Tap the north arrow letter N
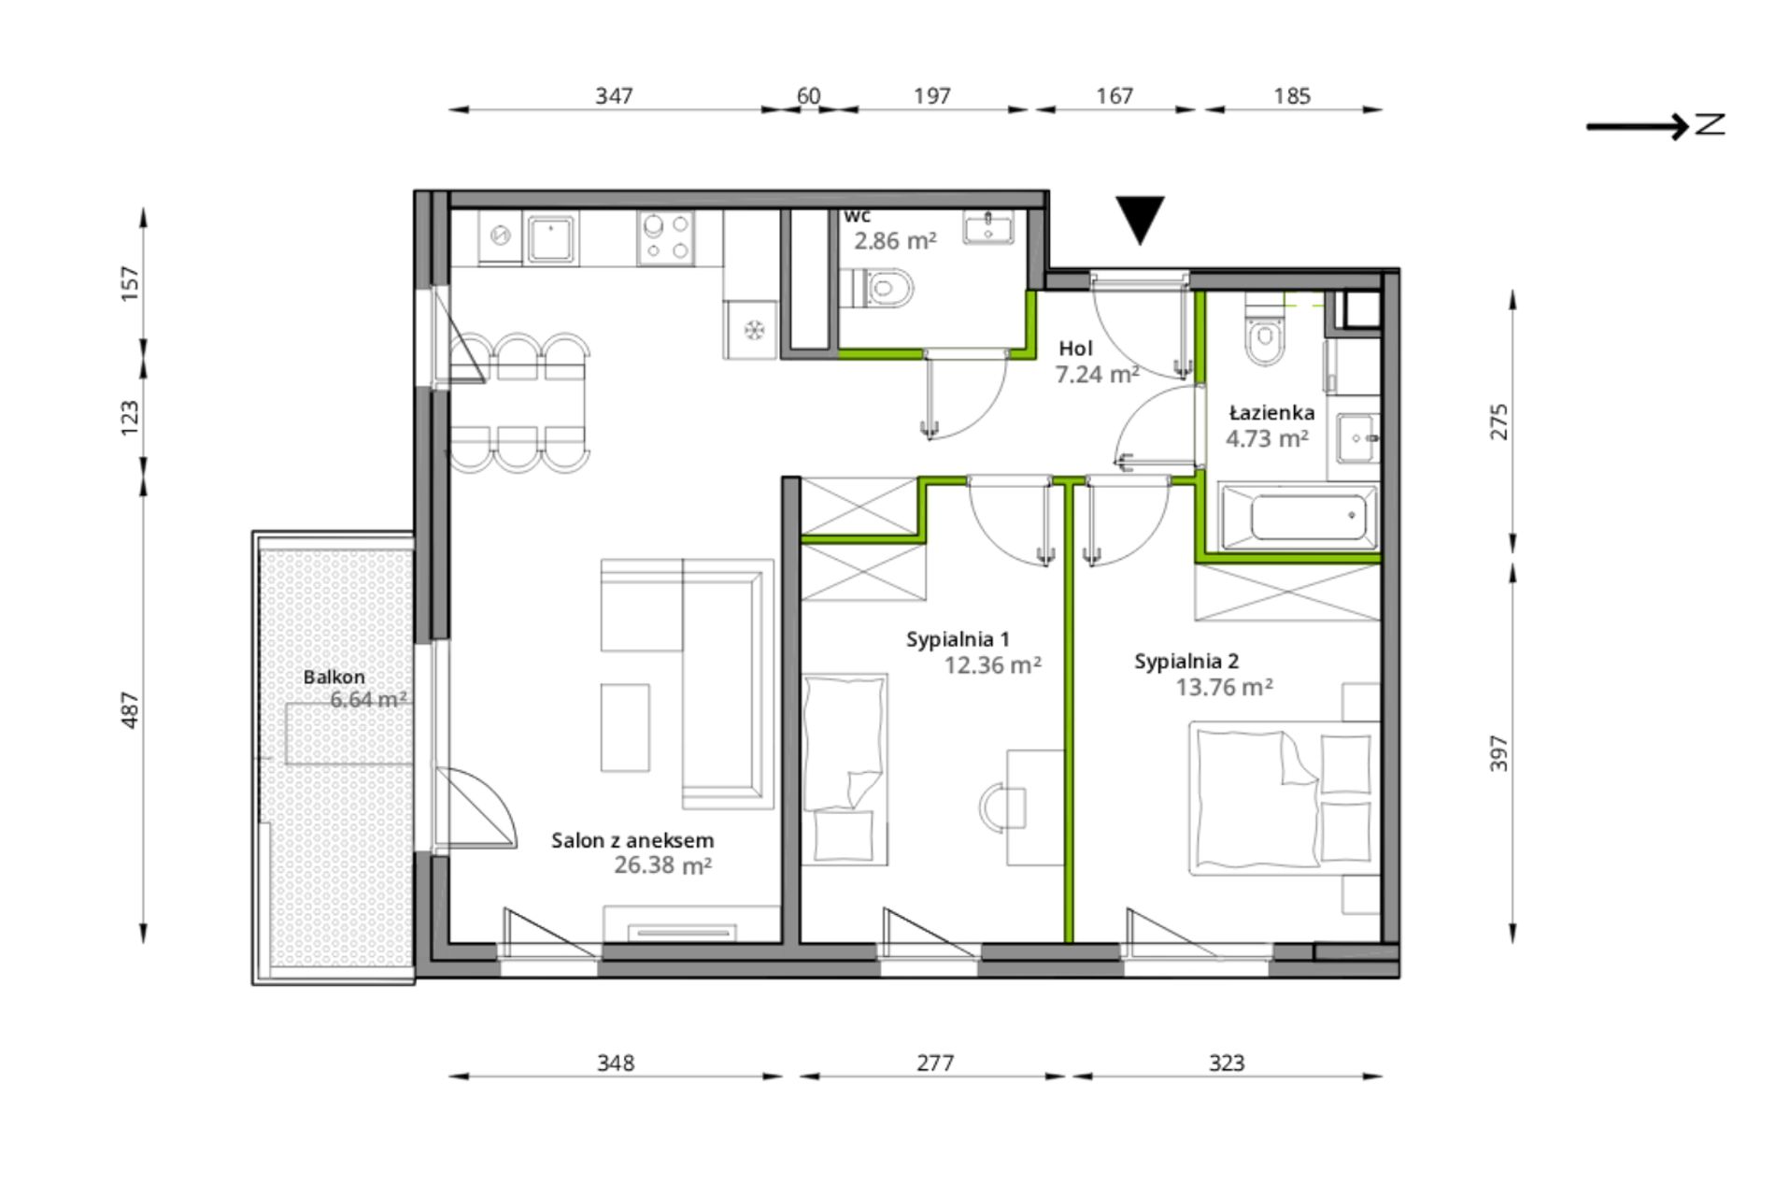tap(1710, 124)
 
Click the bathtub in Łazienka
tap(1299, 515)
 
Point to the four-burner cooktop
tap(666, 237)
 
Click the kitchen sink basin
tap(550, 237)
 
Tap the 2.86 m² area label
tap(894, 241)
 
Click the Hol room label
tap(1075, 349)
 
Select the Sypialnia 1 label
tap(958, 639)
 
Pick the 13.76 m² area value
tap(1224, 688)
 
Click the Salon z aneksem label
tap(632, 841)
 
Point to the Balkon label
tap(334, 677)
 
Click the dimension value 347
tap(614, 95)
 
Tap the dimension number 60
tap(808, 95)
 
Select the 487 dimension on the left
tap(130, 710)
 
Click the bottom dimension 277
tap(934, 1063)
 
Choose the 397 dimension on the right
tap(1498, 753)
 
